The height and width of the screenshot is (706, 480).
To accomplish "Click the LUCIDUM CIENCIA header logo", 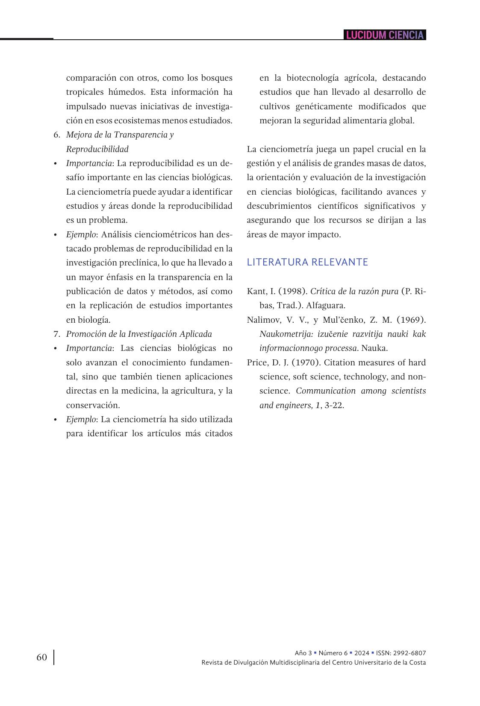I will (x=385, y=35).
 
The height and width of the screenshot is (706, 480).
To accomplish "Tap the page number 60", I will (x=41, y=657).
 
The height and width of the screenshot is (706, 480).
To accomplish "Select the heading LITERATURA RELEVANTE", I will (x=307, y=262).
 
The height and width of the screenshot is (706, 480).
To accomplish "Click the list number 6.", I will (x=56, y=135).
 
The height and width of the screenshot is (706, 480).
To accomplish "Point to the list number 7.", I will (x=56, y=334).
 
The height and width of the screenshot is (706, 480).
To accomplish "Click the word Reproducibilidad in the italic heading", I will (x=97, y=149).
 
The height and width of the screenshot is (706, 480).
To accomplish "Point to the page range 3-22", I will (x=334, y=405).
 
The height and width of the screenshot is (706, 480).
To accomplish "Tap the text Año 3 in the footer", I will (x=303, y=653).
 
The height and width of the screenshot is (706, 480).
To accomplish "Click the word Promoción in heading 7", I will (x=85, y=334).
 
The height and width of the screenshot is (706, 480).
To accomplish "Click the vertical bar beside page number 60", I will (x=54, y=657).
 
